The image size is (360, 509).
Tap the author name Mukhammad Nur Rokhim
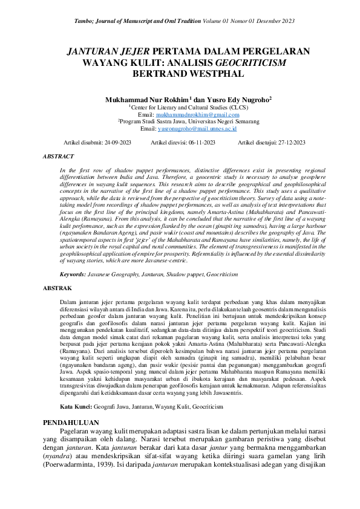pos(147,99)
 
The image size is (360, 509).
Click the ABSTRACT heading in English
pos(59,156)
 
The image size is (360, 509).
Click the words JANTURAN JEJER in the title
pos(106,51)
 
